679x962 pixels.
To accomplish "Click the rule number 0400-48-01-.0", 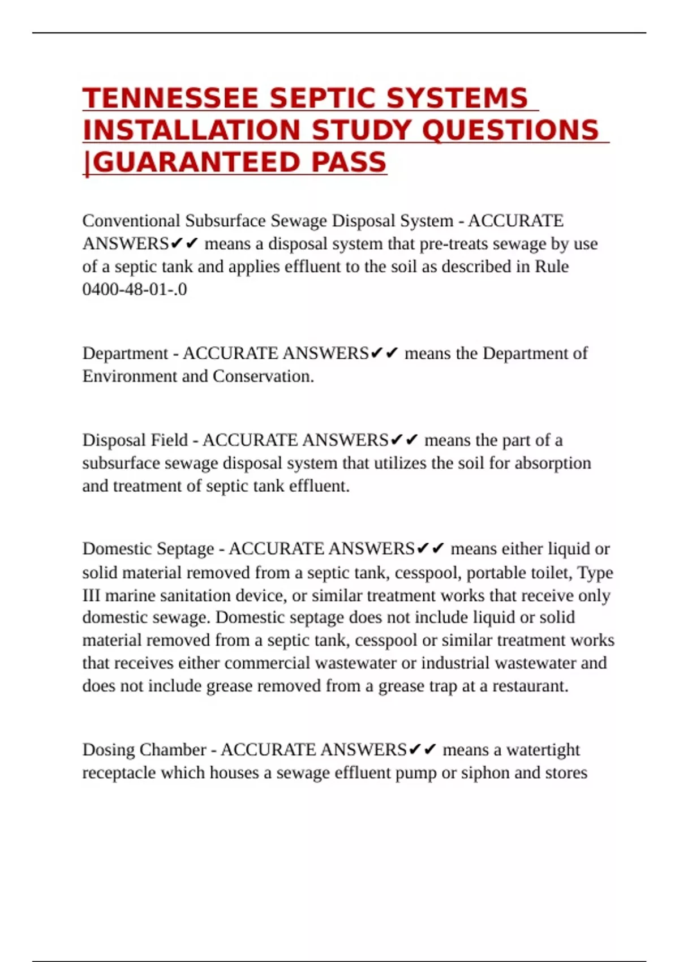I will pos(135,289).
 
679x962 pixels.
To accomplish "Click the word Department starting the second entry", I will pos(125,353).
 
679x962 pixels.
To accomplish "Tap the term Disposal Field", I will pos(135,440).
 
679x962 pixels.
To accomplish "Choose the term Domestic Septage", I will pos(148,549).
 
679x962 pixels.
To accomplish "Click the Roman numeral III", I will pos(91,596).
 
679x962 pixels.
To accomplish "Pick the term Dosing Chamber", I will pos(144,750).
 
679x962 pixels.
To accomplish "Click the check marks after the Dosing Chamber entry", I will pos(422,750).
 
